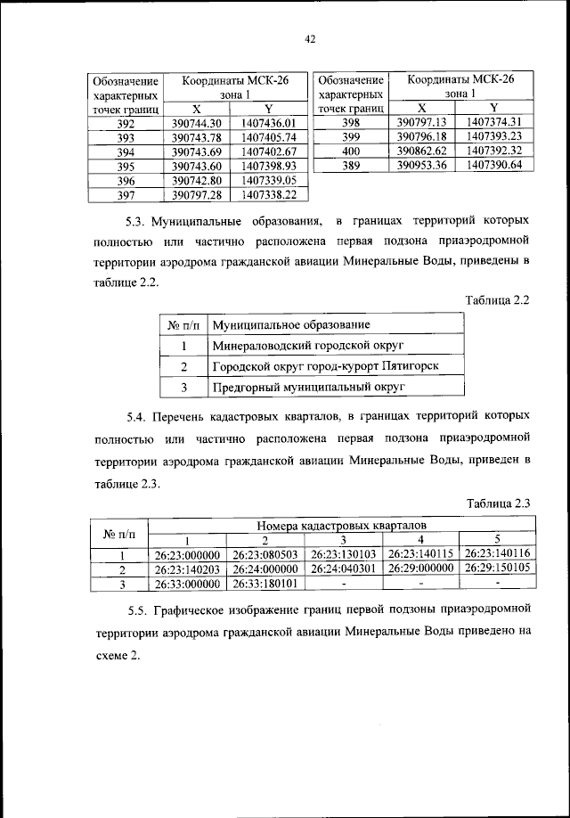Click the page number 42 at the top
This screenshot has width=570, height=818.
coord(285,38)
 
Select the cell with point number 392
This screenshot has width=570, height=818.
coord(126,123)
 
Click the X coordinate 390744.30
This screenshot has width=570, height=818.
coord(195,123)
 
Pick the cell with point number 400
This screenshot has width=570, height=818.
coord(350,151)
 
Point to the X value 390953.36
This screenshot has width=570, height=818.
coord(420,165)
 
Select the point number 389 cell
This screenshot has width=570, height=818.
coord(350,165)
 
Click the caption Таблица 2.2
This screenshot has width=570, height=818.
coord(498,299)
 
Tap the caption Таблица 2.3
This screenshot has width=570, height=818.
coord(498,504)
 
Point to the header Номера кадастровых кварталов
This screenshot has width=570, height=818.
coord(342,527)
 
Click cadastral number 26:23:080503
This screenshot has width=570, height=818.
coord(265,554)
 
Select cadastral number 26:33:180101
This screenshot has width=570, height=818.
coord(265,584)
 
